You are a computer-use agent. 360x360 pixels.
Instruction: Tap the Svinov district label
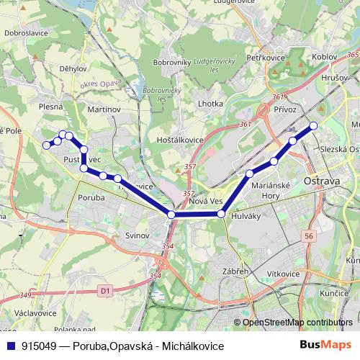(x=136, y=235)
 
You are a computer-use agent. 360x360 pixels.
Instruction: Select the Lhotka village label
(x=210, y=104)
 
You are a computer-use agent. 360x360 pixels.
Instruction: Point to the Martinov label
(x=103, y=109)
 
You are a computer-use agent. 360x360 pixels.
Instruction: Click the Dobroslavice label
(x=26, y=32)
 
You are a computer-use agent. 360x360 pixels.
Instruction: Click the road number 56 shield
(x=310, y=235)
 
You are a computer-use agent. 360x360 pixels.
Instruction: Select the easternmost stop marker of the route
(x=313, y=126)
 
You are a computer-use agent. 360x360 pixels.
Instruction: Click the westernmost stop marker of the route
(x=47, y=145)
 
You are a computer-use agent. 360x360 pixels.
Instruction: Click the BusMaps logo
(x=327, y=345)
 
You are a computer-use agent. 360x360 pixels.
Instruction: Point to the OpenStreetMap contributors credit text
(x=297, y=323)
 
